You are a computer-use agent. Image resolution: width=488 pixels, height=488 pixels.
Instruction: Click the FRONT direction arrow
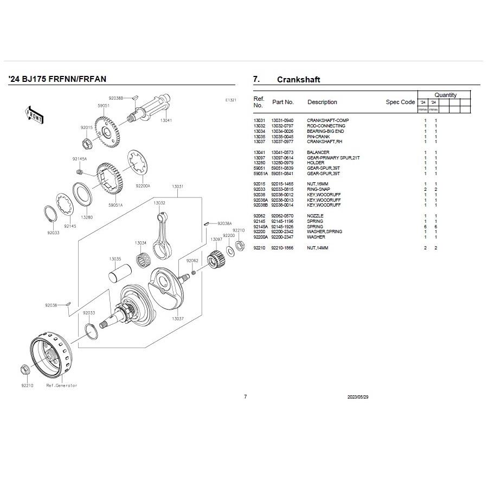point(34,113)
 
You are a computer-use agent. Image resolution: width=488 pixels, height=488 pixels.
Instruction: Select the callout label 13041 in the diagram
point(166,120)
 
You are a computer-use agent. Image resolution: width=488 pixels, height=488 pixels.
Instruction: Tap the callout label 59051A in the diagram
point(115,205)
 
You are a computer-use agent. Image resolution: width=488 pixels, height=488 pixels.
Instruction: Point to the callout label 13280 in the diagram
point(86,217)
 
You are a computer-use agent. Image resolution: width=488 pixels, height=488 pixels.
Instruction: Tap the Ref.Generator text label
point(61,386)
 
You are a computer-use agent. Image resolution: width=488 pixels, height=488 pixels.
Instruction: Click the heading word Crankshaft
point(298,80)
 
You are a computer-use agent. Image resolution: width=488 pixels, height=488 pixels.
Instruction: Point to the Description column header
point(322,102)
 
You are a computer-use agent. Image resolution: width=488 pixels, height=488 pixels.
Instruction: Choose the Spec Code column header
point(400,102)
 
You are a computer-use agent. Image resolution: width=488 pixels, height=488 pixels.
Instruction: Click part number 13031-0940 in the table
point(282,120)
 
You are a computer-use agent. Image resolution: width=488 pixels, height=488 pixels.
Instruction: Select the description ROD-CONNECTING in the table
point(326,126)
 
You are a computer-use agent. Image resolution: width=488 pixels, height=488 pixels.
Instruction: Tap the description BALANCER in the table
point(318,152)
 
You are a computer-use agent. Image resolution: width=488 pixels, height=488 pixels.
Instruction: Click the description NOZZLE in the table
point(315,216)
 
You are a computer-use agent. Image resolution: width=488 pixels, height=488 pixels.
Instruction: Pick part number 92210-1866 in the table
point(282,248)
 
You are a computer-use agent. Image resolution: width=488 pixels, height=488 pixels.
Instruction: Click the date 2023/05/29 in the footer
point(358,397)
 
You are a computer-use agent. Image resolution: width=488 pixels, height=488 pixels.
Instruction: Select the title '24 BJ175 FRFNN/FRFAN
point(57,79)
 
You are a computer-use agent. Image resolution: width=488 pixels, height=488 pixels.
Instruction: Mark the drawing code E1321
point(231,100)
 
